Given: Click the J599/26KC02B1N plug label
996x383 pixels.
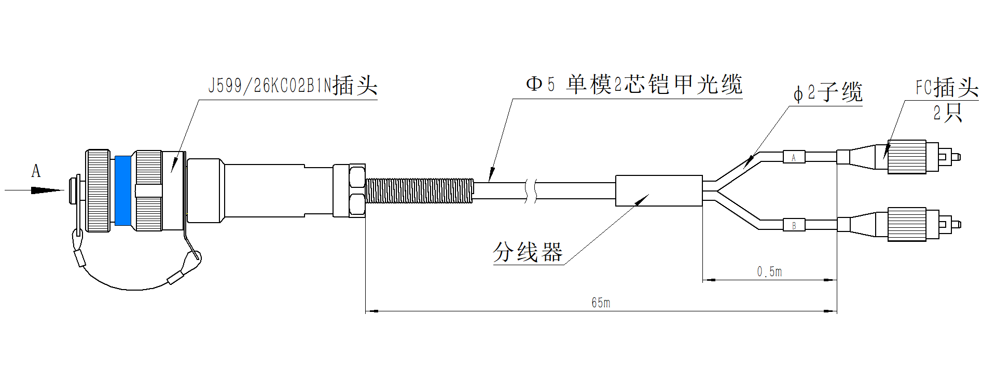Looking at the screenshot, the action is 293,85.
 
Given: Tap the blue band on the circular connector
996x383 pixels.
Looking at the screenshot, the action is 123,190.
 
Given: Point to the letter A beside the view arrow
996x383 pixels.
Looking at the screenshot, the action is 36,171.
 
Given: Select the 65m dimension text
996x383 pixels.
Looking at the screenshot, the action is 601,303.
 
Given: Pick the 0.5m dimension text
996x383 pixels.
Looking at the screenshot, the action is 769,271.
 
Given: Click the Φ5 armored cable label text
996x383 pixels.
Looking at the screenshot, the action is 634,85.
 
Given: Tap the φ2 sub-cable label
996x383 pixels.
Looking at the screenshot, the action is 828,92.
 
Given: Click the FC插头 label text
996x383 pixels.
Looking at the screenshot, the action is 947,87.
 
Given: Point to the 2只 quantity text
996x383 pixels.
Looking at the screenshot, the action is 948,113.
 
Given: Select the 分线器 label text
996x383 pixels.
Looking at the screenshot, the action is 528,252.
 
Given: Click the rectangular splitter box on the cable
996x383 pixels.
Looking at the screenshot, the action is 659,190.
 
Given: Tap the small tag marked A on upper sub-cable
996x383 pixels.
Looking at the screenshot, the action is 794,157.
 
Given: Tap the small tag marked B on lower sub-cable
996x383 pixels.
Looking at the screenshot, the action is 794,225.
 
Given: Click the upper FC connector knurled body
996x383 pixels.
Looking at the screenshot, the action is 907,157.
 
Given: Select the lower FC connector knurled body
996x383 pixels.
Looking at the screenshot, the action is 907,224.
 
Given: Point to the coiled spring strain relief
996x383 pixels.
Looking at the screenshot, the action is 420,190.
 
